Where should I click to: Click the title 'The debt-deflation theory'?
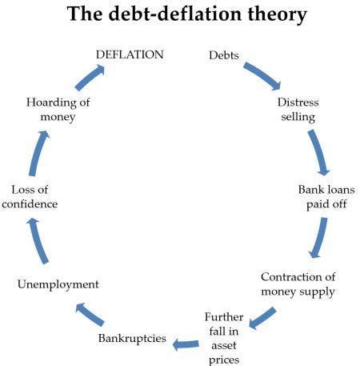(x=180, y=14)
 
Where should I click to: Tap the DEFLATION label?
(x=130, y=54)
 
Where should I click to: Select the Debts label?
(x=223, y=54)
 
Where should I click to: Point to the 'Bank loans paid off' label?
(x=320, y=196)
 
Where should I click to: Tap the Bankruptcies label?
(x=132, y=338)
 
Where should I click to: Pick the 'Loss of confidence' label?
(x=34, y=196)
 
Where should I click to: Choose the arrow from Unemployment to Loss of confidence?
(x=37, y=240)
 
